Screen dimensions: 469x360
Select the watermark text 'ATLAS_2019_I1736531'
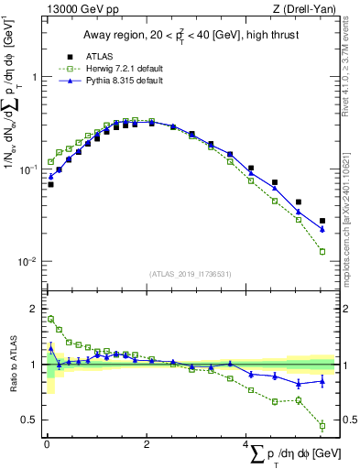click(x=190, y=274)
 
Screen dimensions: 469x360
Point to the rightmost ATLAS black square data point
click(x=322, y=221)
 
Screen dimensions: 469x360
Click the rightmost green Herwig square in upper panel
click(x=322, y=251)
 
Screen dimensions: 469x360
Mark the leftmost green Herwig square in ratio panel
click(x=50, y=319)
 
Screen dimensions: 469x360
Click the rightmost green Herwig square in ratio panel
click(x=322, y=425)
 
